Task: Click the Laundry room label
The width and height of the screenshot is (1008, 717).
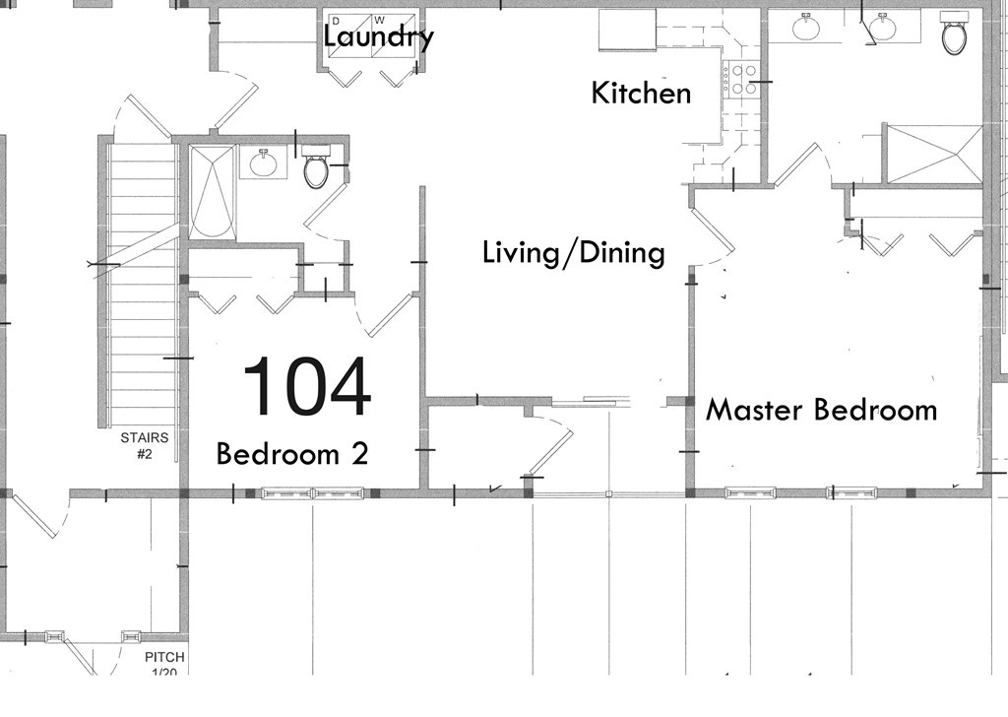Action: click(x=378, y=37)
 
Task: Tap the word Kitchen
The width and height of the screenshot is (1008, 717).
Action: click(x=641, y=94)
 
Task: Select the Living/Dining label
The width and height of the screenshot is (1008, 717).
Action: click(x=573, y=253)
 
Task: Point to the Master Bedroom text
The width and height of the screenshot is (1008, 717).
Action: click(x=821, y=410)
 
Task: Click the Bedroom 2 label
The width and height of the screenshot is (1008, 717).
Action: click(x=291, y=454)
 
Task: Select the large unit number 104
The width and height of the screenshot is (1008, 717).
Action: click(x=306, y=387)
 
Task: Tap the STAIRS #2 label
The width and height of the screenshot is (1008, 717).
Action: click(x=144, y=445)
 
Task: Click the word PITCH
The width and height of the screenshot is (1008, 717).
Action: click(x=164, y=658)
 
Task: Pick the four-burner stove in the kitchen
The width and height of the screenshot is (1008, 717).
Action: click(x=740, y=79)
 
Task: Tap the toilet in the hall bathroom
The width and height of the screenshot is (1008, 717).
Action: click(x=316, y=169)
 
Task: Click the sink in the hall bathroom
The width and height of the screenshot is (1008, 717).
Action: click(x=263, y=163)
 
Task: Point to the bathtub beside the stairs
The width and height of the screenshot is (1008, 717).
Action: click(x=212, y=192)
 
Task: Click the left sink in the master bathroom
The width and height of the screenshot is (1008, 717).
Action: click(x=807, y=27)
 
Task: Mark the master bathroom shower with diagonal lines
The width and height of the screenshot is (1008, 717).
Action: click(x=934, y=154)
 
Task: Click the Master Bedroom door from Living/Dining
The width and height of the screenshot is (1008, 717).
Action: click(x=711, y=231)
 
